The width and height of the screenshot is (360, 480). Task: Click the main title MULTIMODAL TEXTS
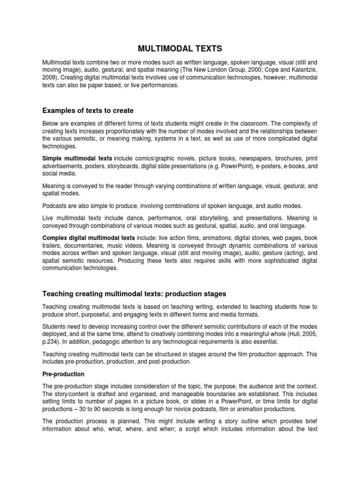[180, 48]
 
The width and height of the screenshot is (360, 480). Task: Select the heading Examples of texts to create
[88, 111]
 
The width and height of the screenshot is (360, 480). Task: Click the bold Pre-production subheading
[63, 374]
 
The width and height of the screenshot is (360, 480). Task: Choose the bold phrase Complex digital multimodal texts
[89, 238]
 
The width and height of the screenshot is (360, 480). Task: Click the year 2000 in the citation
[259, 69]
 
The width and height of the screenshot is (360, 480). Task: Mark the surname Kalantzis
[303, 69]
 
